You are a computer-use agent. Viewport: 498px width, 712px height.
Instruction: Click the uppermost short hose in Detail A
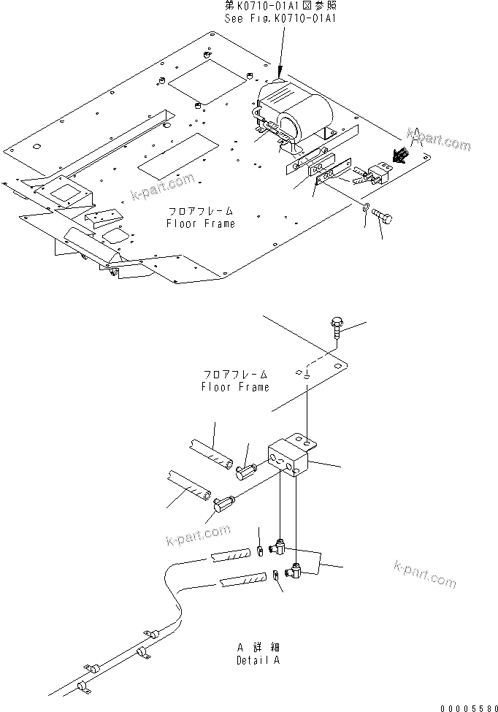(x=211, y=455)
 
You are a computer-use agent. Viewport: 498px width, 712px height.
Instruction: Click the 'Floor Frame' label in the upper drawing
(x=199, y=218)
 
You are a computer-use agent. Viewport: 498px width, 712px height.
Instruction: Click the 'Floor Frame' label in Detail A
(x=235, y=381)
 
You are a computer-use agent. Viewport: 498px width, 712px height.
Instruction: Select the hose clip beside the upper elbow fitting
(x=261, y=549)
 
